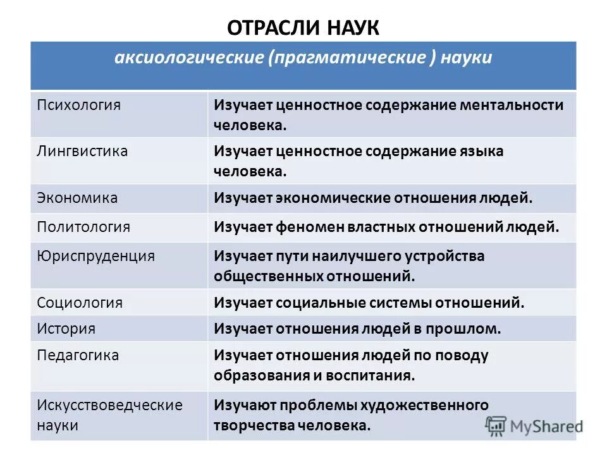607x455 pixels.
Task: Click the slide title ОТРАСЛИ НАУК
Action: tap(303, 27)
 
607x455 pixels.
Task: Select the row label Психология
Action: tap(78, 104)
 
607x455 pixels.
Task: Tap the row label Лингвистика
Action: tap(82, 151)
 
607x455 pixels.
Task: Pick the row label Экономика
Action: tap(77, 198)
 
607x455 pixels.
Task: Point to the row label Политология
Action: tap(83, 227)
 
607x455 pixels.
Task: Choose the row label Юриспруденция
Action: tap(95, 256)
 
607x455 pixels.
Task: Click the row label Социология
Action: tap(80, 303)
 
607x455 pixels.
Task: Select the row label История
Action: tap(66, 329)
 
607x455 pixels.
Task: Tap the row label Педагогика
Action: tap(78, 355)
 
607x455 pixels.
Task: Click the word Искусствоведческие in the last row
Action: tap(109, 404)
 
